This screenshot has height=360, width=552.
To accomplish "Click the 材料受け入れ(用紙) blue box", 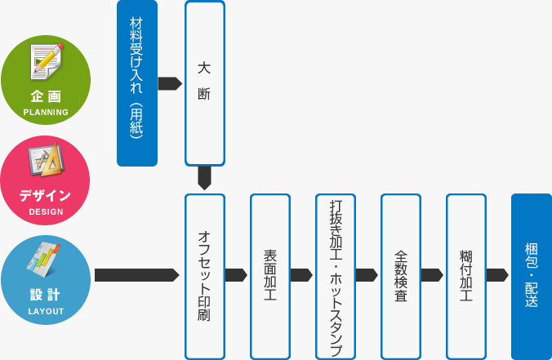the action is (137, 83).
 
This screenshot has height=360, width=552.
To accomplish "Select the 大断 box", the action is (205, 83).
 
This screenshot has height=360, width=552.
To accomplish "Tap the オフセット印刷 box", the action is (205, 277).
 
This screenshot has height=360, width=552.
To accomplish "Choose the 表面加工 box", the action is (270, 277).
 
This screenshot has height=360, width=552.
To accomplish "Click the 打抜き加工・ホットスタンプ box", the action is (336, 277).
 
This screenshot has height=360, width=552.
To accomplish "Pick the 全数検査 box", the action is (401, 277).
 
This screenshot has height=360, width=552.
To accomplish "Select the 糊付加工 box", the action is (466, 277).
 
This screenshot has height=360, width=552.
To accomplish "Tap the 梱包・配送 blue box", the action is (532, 277).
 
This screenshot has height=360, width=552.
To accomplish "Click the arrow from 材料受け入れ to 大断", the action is (170, 84).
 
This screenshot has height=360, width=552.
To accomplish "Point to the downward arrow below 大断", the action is (204, 178).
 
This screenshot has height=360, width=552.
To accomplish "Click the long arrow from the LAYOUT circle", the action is (137, 275).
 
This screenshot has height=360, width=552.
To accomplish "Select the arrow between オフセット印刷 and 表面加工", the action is (236, 275).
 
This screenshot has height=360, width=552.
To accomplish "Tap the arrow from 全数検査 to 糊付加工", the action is (432, 275).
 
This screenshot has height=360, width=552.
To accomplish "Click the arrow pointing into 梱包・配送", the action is (497, 275).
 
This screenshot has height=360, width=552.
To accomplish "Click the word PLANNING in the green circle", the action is (46, 113).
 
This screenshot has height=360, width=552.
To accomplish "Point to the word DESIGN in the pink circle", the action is (46, 212).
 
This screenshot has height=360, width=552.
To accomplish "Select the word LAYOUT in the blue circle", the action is (46, 312).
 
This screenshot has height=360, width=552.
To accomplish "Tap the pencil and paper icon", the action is (46, 61).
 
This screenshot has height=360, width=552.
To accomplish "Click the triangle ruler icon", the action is (46, 159).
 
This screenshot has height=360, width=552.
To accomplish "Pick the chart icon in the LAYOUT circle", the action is (43, 260).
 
